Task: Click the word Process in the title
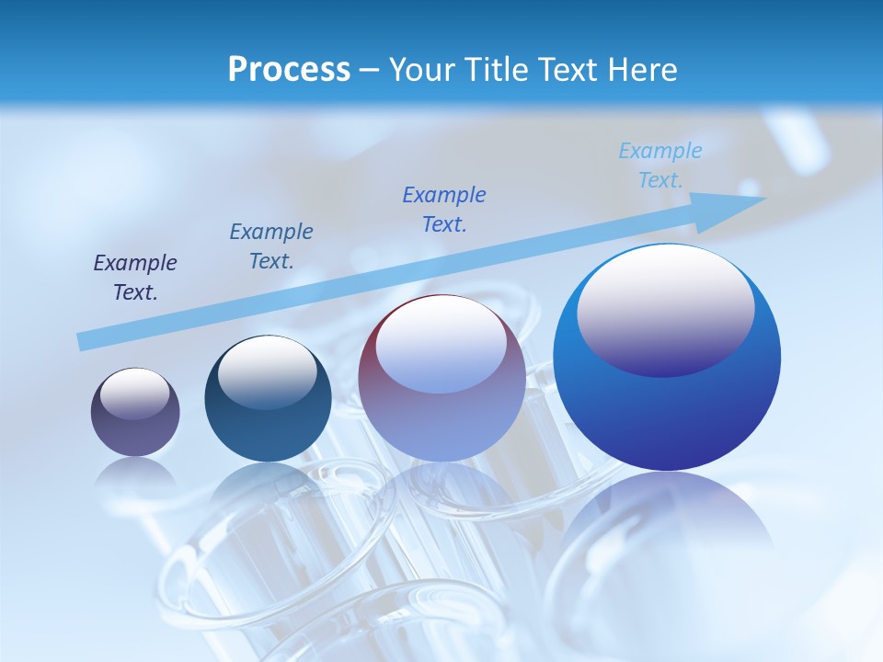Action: (x=289, y=70)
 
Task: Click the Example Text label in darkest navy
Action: (x=135, y=278)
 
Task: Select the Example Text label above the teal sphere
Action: (x=271, y=246)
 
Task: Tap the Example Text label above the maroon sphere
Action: (x=444, y=210)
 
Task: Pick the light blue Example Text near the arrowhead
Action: (x=660, y=165)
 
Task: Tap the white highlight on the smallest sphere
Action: (x=134, y=393)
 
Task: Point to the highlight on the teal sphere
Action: (x=267, y=371)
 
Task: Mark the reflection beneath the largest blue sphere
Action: (x=667, y=524)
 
